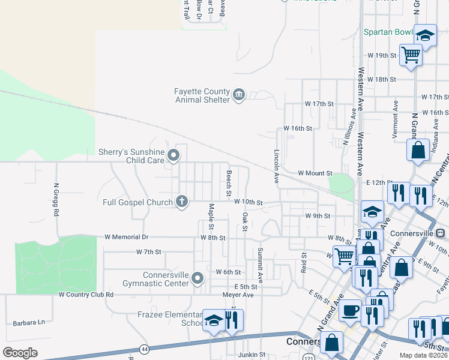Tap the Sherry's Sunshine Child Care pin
(x=174, y=156)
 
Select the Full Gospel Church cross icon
(x=182, y=202)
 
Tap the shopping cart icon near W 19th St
(x=411, y=55)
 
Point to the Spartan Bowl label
(x=388, y=32)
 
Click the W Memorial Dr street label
(x=126, y=238)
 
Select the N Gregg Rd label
(x=56, y=200)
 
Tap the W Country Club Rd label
(x=86, y=295)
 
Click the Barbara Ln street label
(x=25, y=322)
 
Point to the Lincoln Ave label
(x=277, y=166)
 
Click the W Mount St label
(x=315, y=173)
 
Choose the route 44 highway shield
(x=144, y=349)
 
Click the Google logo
(x=20, y=353)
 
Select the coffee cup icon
(x=350, y=310)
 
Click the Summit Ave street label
(x=261, y=266)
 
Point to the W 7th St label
(x=149, y=251)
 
